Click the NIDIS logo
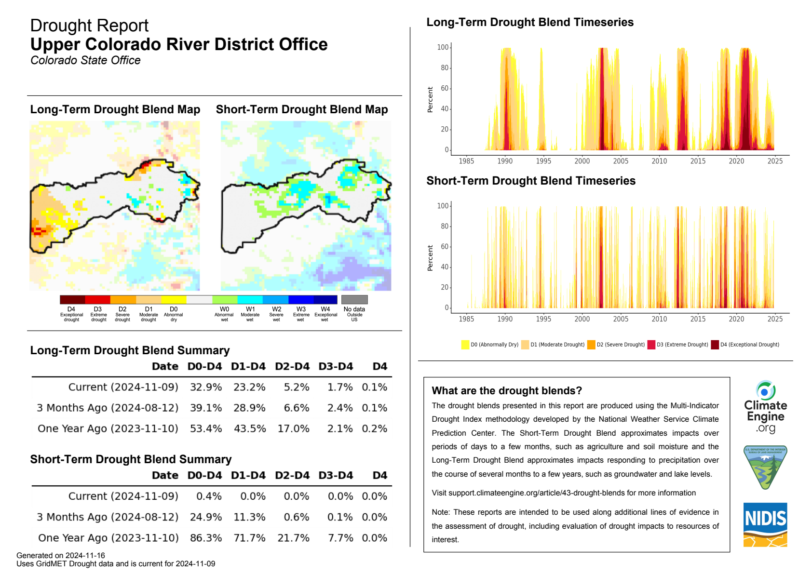[x=765, y=524]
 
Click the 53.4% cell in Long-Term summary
[x=206, y=428]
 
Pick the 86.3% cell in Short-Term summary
[x=206, y=538]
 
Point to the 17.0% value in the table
[x=293, y=428]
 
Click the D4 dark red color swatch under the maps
[x=72, y=300]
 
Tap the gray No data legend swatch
[x=354, y=300]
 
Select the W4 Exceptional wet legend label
[x=325, y=314]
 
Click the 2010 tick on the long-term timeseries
[x=659, y=161]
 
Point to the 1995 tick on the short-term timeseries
[x=543, y=319]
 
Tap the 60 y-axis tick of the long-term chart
[x=444, y=88]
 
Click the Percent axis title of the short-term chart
[x=430, y=258]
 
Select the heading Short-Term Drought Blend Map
[x=302, y=109]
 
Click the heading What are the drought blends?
[x=507, y=390]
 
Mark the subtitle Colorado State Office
[x=85, y=60]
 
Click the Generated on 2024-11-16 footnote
[x=61, y=555]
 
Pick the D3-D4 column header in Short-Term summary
[x=336, y=475]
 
